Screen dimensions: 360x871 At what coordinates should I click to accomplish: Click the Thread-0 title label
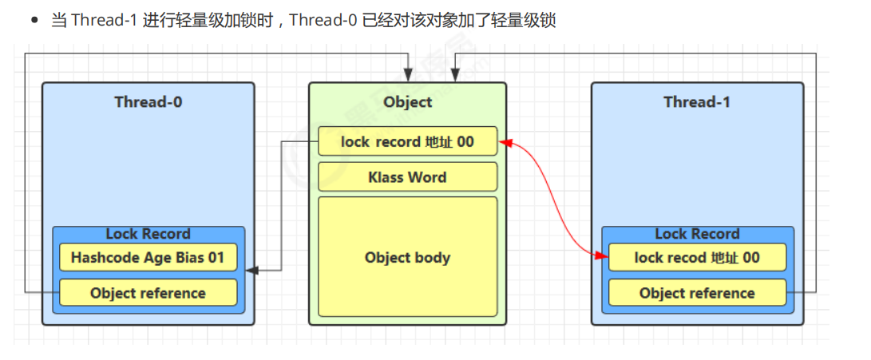click(148, 102)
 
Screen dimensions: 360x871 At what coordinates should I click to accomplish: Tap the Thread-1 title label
click(697, 102)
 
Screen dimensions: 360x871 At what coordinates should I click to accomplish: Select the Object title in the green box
click(407, 102)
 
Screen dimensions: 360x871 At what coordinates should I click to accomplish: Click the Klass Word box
click(407, 177)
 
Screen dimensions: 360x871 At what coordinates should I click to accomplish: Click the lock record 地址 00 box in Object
click(407, 142)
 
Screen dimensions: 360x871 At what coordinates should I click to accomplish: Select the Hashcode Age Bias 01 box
click(148, 258)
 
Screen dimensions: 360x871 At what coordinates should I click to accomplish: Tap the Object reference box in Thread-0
click(148, 293)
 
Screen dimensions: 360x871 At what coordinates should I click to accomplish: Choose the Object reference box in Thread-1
click(697, 293)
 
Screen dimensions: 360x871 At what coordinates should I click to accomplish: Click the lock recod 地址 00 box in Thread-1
click(697, 258)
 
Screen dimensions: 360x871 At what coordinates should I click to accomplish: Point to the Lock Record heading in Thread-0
click(148, 234)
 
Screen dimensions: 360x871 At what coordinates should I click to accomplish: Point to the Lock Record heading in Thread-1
click(697, 234)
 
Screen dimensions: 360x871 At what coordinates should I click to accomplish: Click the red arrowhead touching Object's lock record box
click(505, 143)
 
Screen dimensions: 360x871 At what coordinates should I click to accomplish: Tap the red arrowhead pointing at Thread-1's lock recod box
click(602, 255)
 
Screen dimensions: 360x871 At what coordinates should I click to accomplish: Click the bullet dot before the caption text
click(34, 21)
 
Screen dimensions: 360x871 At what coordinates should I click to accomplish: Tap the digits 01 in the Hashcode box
click(227, 258)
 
